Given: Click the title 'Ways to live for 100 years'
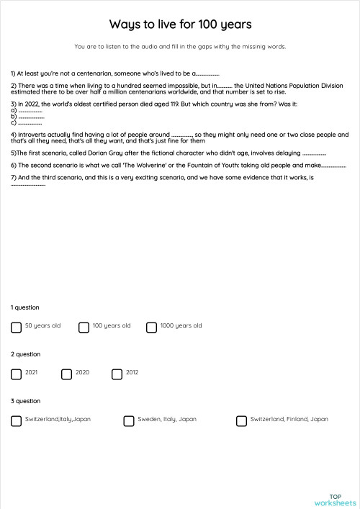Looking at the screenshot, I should pos(180,25).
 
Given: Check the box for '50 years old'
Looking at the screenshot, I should pos(17,328).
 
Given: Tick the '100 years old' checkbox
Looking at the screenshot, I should pos(84,328).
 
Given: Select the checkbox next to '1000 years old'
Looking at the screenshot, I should pos(151,328).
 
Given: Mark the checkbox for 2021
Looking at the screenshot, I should pos(17,374).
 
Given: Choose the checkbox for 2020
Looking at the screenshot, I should pos(67,374).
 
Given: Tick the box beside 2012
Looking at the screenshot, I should pos(117,374).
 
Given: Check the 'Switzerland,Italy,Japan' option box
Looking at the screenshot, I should pos(17,421).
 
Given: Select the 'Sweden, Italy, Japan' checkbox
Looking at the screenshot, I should pos(129,421).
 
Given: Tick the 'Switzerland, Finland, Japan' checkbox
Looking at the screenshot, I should pos(241,421).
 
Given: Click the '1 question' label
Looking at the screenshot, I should pos(26,307).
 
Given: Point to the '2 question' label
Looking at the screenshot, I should pos(26,354).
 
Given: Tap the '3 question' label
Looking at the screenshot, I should pos(26,401).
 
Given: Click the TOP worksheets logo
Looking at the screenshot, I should pos(335,500).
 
